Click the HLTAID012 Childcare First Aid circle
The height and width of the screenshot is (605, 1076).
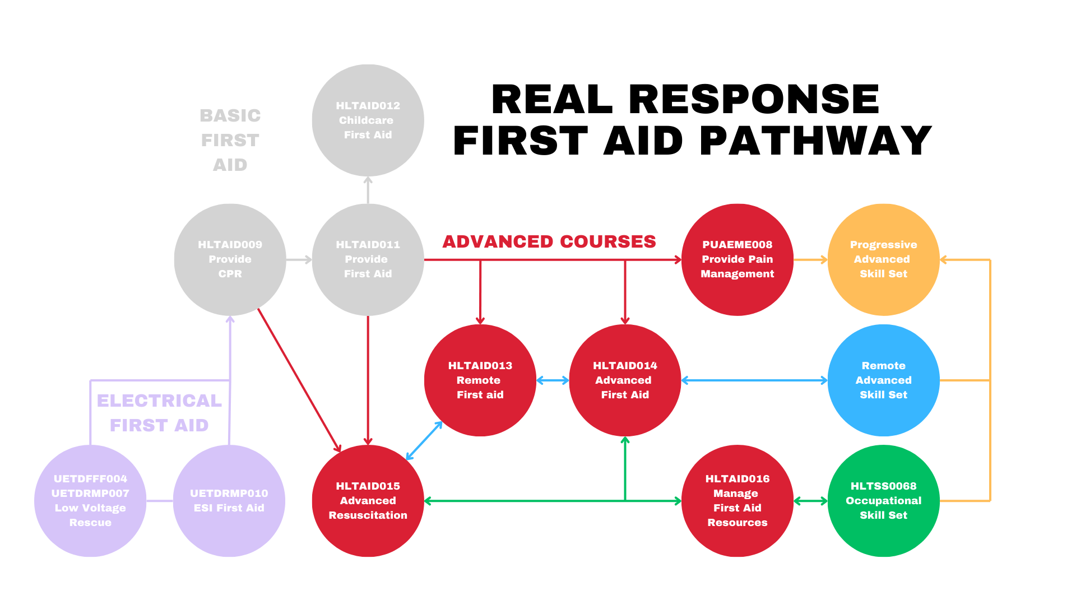368,120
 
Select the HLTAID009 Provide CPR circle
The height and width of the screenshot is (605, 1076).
230,259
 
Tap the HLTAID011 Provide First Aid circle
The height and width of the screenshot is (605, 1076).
368,259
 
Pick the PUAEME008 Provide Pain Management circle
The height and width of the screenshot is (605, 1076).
738,259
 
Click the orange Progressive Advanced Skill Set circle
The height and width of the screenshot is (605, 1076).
884,259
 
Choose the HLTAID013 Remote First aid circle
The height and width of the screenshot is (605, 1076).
480,380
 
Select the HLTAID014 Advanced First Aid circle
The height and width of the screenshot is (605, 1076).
625,380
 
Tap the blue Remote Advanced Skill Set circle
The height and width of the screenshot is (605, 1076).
884,380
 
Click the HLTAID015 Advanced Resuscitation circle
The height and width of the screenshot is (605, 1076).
368,501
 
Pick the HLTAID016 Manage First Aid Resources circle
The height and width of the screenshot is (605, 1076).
738,501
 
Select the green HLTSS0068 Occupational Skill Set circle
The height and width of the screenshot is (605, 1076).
884,501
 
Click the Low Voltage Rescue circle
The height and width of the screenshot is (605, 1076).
90,501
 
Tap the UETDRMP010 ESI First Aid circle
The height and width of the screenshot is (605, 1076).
229,501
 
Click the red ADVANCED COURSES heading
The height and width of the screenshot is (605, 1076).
549,241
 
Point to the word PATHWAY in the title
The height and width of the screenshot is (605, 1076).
816,141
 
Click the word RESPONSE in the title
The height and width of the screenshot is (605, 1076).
754,99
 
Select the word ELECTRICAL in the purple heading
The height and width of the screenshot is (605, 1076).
160,401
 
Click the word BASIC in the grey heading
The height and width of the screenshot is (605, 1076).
230,115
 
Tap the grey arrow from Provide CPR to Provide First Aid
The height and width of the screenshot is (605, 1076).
299,259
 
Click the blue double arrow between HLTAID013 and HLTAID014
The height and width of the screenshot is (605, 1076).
553,380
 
